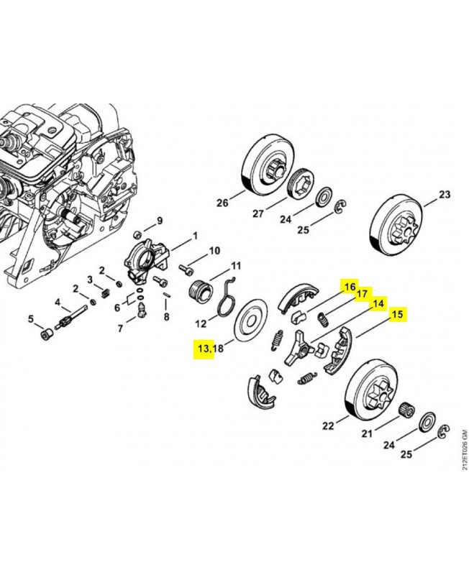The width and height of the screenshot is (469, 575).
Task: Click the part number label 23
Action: tap(445, 195)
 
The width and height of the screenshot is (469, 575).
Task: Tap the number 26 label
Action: tap(222, 203)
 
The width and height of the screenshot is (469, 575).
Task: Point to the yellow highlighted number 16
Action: tap(350, 287)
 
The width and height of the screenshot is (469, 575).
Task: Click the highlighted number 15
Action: tap(397, 314)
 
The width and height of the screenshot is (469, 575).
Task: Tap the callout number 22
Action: tap(328, 425)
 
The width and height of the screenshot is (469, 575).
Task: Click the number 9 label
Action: tap(160, 220)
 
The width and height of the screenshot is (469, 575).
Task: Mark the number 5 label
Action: tap(31, 318)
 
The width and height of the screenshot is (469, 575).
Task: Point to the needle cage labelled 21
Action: tap(406, 408)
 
